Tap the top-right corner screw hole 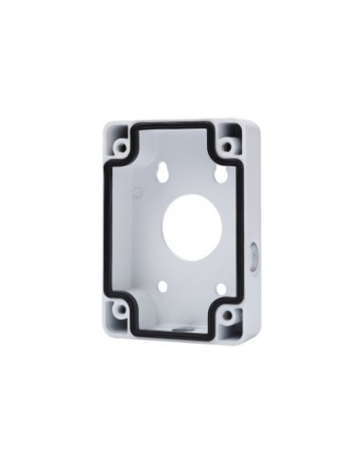pos(228,145)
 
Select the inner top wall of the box pos(180,139)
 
